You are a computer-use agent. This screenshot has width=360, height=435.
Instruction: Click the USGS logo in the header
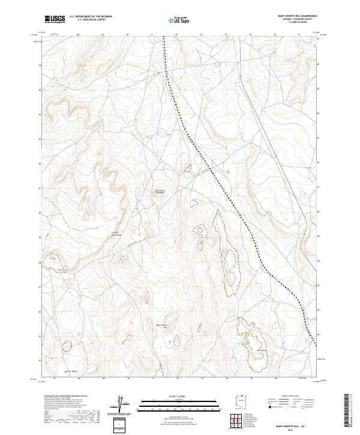(55, 19)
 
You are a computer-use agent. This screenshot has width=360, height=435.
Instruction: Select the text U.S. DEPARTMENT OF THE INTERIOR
(91, 17)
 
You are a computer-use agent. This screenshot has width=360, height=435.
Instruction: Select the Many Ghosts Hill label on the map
(161, 326)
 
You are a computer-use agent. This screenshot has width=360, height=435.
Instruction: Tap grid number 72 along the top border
(176, 35)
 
